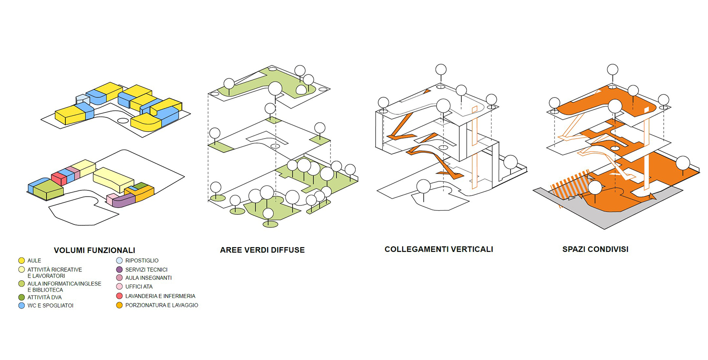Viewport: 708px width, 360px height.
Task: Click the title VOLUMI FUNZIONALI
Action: click(94, 250)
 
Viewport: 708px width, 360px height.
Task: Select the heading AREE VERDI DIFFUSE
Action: click(262, 250)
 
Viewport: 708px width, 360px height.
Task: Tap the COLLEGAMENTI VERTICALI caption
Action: click(439, 249)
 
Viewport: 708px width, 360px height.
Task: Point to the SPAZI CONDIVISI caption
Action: click(595, 249)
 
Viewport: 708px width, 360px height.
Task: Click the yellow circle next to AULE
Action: click(21, 261)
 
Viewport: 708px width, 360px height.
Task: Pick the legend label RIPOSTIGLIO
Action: click(142, 261)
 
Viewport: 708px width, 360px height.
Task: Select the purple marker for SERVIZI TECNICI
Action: click(119, 269)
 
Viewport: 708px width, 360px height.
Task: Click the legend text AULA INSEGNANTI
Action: click(148, 278)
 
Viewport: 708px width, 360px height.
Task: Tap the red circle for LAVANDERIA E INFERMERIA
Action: click(119, 296)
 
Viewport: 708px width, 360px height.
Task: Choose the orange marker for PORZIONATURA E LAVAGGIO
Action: click(119, 305)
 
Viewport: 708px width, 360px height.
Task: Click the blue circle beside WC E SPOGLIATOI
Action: click(21, 306)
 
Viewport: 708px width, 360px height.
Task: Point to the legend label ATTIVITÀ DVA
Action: click(44, 298)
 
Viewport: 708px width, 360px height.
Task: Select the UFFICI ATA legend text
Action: click(139, 287)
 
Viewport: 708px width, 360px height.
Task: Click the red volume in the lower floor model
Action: click(59, 178)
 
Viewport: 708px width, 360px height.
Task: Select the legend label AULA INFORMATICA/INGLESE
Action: click(64, 284)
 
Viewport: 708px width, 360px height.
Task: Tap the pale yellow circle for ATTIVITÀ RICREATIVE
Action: click(21, 270)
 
